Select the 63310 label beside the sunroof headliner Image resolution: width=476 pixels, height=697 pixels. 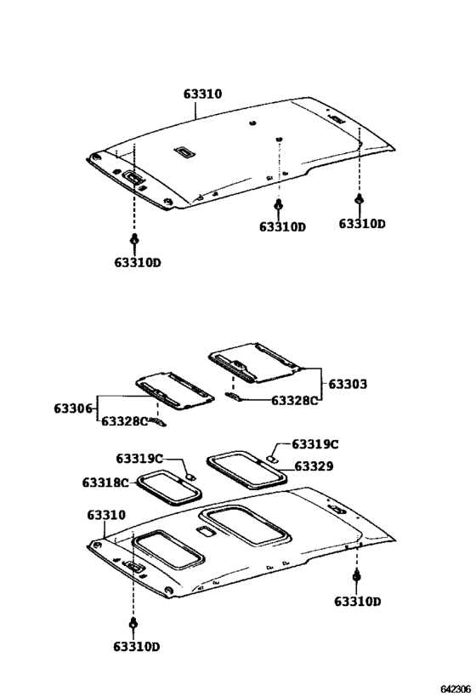click(x=105, y=515)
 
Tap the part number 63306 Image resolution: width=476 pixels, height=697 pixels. click(x=74, y=409)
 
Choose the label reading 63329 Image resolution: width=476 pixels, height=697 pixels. click(x=314, y=466)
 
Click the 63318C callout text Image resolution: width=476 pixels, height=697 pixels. click(x=105, y=483)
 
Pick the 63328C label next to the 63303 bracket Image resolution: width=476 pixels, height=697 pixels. click(x=294, y=400)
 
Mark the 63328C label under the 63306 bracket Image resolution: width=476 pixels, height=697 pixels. click(x=124, y=420)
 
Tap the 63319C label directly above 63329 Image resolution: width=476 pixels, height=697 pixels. click(x=314, y=443)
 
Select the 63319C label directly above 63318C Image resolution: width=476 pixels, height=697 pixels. click(x=139, y=460)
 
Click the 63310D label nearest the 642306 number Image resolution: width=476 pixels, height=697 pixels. click(x=357, y=602)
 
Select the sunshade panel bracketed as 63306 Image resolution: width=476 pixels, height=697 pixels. click(x=174, y=389)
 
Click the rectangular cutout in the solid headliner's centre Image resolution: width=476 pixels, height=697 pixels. click(x=184, y=152)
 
